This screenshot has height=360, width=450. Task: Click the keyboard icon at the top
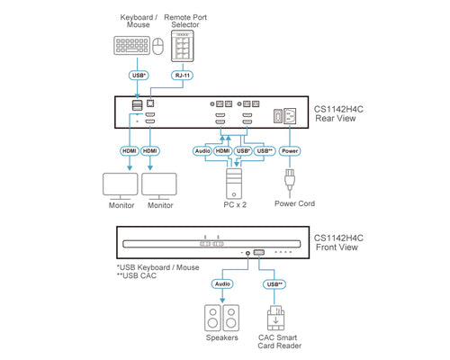click(131, 45)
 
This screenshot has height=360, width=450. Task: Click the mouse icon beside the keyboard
click(158, 46)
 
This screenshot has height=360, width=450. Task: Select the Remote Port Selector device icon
click(183, 46)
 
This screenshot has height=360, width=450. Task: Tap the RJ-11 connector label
click(183, 76)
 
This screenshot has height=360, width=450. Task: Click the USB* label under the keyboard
click(139, 76)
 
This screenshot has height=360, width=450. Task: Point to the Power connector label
click(290, 151)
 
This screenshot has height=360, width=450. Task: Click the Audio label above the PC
click(202, 151)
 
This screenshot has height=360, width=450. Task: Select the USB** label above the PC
click(265, 151)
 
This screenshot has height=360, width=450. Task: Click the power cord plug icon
click(290, 179)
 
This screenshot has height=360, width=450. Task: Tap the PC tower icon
click(234, 184)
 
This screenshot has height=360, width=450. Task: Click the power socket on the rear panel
click(290, 116)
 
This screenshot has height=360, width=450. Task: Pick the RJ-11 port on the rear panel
click(150, 103)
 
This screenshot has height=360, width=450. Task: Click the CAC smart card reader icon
click(275, 318)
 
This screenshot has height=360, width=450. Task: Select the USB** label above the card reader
click(274, 284)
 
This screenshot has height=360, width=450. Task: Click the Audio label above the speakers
click(222, 283)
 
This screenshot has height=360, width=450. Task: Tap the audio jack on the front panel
click(247, 253)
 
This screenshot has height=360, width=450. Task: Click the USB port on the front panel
click(259, 252)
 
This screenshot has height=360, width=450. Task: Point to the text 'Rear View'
click(336, 118)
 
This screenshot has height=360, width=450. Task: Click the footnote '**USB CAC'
click(137, 275)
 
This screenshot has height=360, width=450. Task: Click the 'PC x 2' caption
click(235, 205)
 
